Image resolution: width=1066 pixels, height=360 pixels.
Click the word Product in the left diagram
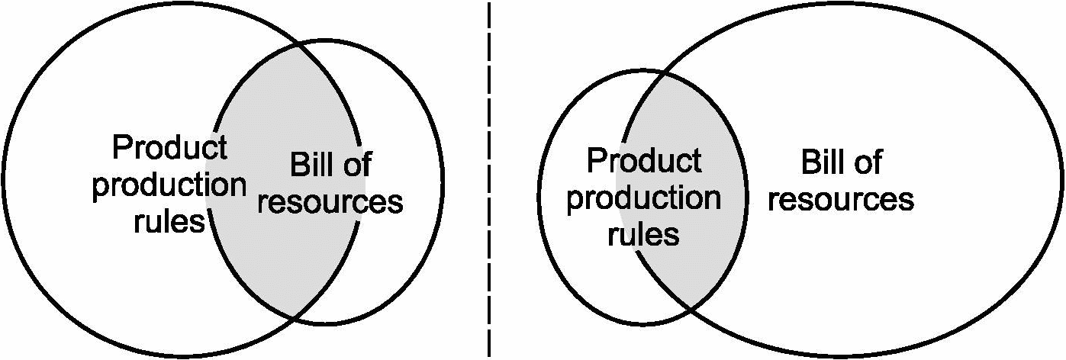(x=169, y=147)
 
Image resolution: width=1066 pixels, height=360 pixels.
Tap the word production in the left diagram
(x=169, y=185)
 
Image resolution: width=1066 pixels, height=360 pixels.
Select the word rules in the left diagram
(x=169, y=222)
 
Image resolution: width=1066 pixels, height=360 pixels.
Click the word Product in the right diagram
(x=644, y=161)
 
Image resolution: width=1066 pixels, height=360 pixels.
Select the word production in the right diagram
(x=644, y=198)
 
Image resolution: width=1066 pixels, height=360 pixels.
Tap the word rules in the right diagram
(x=644, y=234)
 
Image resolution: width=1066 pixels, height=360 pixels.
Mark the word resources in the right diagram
(x=841, y=199)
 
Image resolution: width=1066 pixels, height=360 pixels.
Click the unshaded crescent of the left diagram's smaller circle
(x=404, y=252)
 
